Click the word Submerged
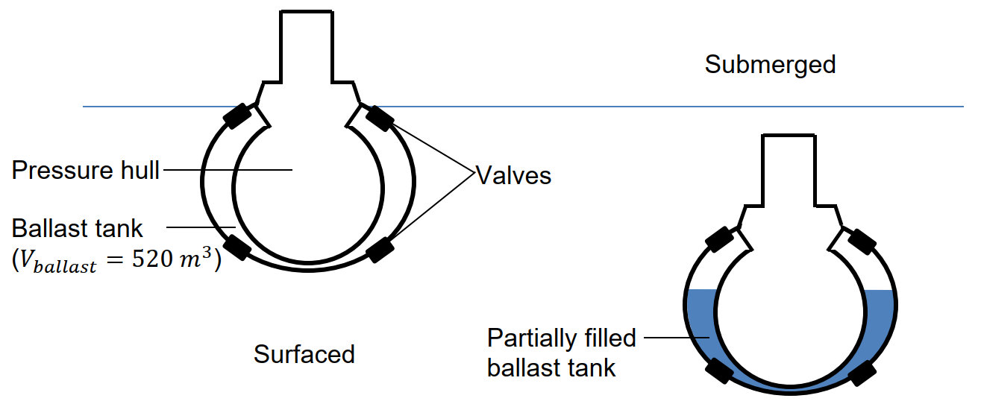click(770, 65)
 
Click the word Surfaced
click(304, 354)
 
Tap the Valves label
click(513, 175)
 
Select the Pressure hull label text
click(85, 170)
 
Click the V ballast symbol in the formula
click(57, 262)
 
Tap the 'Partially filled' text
click(562, 338)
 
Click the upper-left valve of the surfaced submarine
click(237, 116)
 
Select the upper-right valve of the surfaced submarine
click(379, 119)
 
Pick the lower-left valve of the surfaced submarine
click(237, 247)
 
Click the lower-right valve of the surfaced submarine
click(379, 250)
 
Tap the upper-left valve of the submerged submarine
click(720, 239)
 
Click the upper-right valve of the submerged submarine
click(862, 241)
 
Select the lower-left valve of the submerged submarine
click(720, 370)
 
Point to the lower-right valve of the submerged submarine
click(862, 373)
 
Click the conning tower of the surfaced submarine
click(307, 46)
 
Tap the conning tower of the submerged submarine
click(789, 170)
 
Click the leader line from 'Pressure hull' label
click(228, 170)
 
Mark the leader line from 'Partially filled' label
click(677, 338)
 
